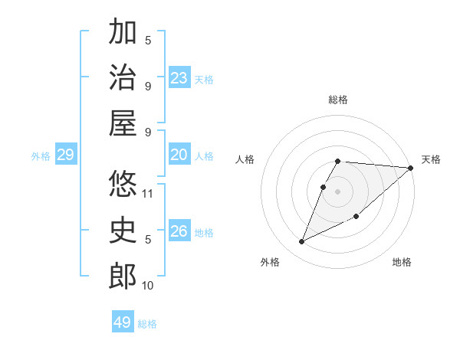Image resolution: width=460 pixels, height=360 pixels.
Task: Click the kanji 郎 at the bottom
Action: pyautogui.click(x=123, y=276)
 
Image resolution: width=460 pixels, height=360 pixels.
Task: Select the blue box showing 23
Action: pyautogui.click(x=179, y=78)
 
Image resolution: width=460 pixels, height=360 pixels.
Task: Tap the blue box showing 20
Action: pyautogui.click(x=179, y=155)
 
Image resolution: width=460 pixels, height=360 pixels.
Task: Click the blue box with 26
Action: pyautogui.click(x=179, y=231)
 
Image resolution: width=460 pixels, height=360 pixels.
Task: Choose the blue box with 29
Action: pyautogui.click(x=65, y=155)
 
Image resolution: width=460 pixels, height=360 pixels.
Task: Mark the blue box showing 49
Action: pyautogui.click(x=123, y=322)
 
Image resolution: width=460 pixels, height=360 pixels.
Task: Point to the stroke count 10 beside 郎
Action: pyautogui.click(x=147, y=286)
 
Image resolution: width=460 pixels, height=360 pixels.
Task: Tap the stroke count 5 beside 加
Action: pyautogui.click(x=148, y=41)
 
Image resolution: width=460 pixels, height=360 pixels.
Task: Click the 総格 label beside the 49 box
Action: pyautogui.click(x=147, y=324)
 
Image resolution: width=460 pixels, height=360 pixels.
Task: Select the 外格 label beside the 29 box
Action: pyautogui.click(x=41, y=156)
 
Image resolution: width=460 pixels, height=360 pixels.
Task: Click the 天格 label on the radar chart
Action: pyautogui.click(x=431, y=159)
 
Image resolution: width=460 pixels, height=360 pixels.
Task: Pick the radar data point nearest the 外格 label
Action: pyautogui.click(x=302, y=242)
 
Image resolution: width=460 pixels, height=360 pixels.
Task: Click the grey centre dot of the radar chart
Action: pyautogui.click(x=337, y=191)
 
